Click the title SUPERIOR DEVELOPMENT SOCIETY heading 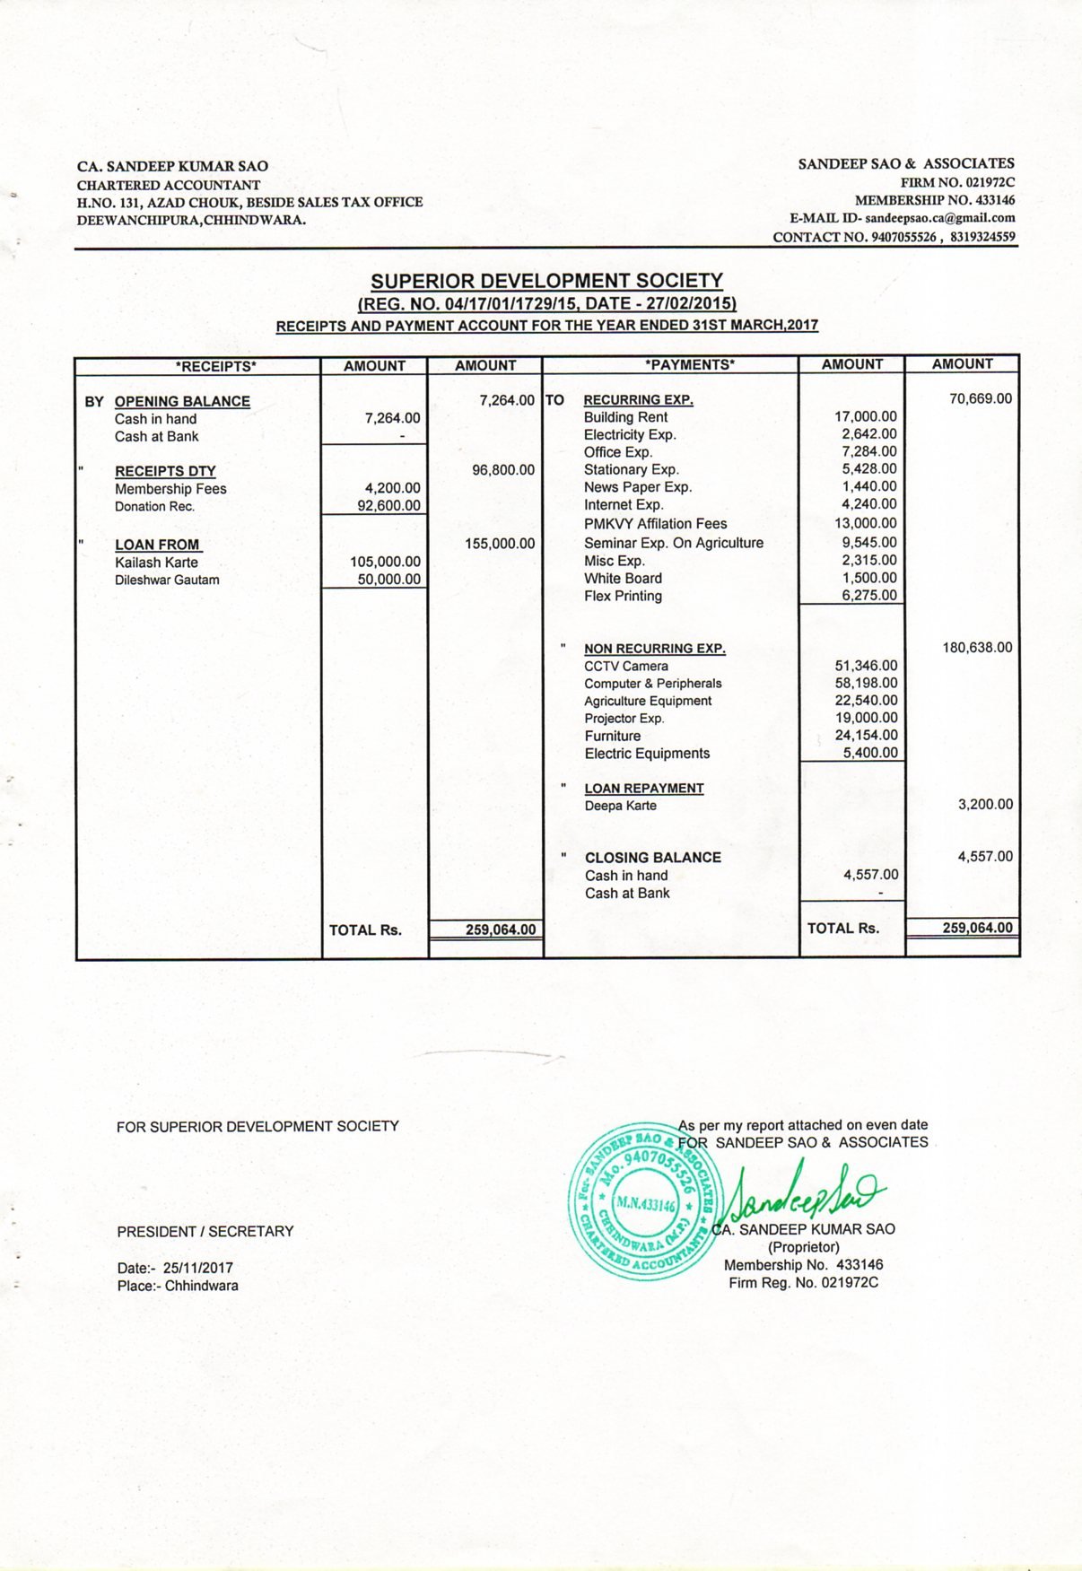[546, 281]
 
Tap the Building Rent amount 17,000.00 [865, 416]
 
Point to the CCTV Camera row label [625, 666]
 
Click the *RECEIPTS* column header [215, 366]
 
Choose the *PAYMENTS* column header [689, 364]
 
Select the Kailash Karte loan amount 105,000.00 [385, 562]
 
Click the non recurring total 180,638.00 [977, 647]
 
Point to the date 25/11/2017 [197, 1268]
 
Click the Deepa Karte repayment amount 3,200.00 [985, 804]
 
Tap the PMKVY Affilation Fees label [655, 524]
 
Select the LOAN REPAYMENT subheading [643, 788]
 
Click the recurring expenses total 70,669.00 [980, 398]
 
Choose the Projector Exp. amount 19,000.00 [866, 718]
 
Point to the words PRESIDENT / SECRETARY [205, 1232]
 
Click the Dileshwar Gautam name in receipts [167, 580]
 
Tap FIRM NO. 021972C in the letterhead [957, 183]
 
